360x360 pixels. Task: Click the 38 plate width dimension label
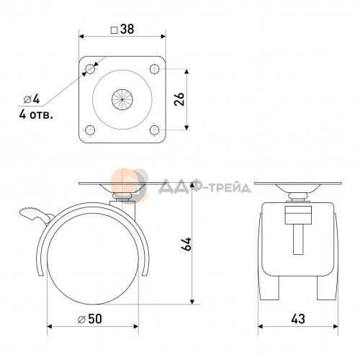[122, 30]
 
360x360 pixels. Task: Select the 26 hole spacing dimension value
[179, 99]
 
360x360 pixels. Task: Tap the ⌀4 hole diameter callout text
[32, 99]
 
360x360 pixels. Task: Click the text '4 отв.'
[36, 114]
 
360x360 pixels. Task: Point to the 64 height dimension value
[186, 244]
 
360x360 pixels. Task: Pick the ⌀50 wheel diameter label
[90, 319]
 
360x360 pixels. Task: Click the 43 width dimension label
[298, 319]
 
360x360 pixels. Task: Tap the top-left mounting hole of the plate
[90, 69]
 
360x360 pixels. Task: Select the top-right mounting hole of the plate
[155, 69]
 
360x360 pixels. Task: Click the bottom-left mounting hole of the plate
[90, 130]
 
